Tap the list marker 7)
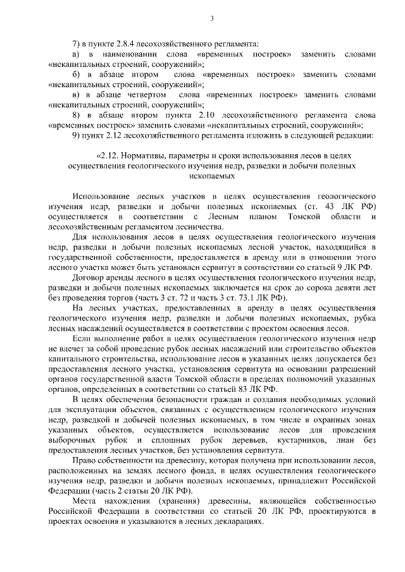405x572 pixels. click(77, 44)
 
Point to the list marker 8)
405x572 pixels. click(77, 115)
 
